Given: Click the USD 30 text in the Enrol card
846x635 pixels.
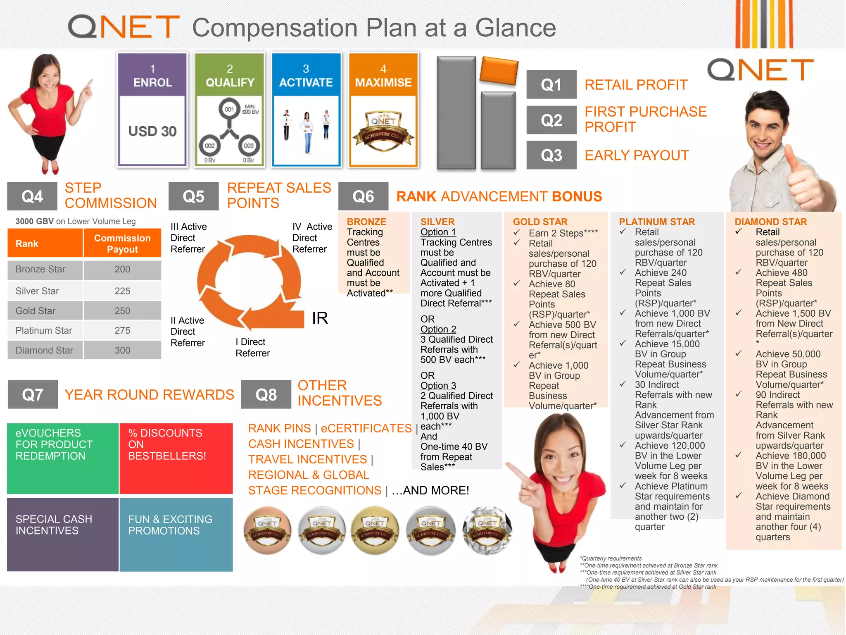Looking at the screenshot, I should pos(152,131).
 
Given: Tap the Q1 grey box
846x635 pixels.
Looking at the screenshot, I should pos(551,85).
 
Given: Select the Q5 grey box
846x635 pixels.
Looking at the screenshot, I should pos(193,196).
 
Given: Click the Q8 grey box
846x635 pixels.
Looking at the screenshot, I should pos(266,395).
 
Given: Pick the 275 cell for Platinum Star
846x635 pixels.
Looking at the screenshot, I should pos(122,331).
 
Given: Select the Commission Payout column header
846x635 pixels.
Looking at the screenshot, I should pos(122,243).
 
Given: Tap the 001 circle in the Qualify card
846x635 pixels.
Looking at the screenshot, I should pos(229,109).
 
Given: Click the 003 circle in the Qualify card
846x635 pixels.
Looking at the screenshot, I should pos(248,146).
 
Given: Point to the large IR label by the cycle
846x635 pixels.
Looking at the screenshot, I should pos(320,318).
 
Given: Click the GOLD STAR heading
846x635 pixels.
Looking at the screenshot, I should pos(540,222).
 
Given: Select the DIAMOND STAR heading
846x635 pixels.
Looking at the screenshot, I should pos(770,222).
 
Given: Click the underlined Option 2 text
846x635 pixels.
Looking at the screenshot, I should pos(438,329).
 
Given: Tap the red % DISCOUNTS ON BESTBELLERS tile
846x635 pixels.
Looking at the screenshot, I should pos(176,458).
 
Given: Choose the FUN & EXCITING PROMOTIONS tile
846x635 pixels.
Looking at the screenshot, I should pos(176,534).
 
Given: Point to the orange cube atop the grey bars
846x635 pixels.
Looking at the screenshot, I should pos(499,71).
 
